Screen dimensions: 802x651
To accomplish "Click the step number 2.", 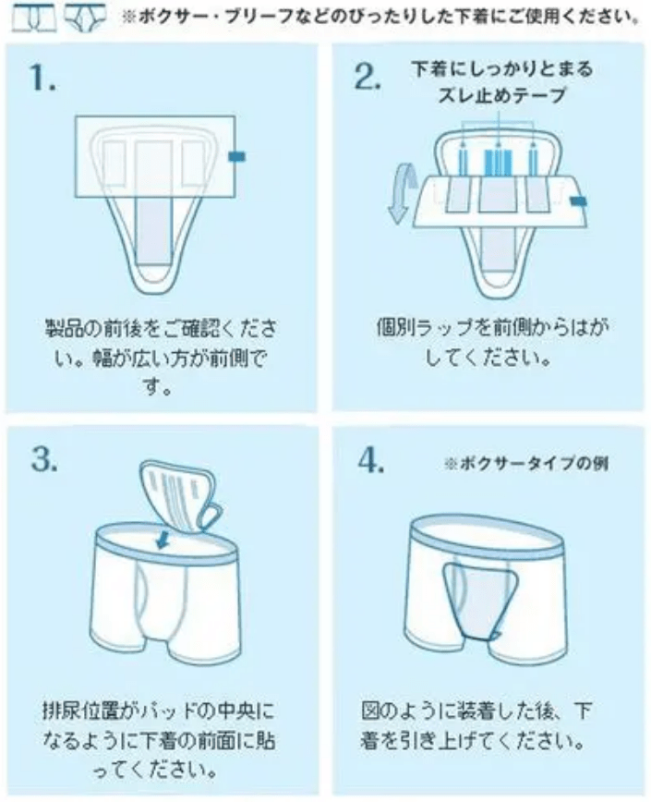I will pos(368,78).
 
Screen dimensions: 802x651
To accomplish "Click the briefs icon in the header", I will pos(85,16).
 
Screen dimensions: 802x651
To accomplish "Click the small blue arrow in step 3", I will pos(163,537).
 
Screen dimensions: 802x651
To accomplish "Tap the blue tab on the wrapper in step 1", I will pos(236,158).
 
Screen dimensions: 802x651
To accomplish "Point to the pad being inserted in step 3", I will pos(181,499).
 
